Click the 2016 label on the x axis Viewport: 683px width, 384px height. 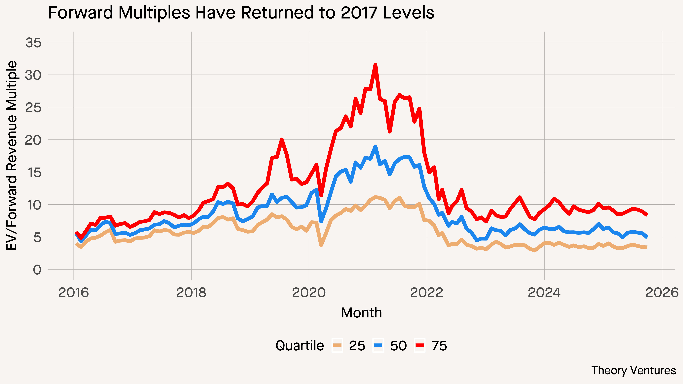[73, 293]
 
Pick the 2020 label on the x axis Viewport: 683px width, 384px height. [309, 293]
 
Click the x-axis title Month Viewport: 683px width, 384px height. [361, 313]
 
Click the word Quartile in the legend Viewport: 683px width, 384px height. [300, 346]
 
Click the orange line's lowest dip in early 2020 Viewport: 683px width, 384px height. [321, 245]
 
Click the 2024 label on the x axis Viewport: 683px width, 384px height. [544, 293]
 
